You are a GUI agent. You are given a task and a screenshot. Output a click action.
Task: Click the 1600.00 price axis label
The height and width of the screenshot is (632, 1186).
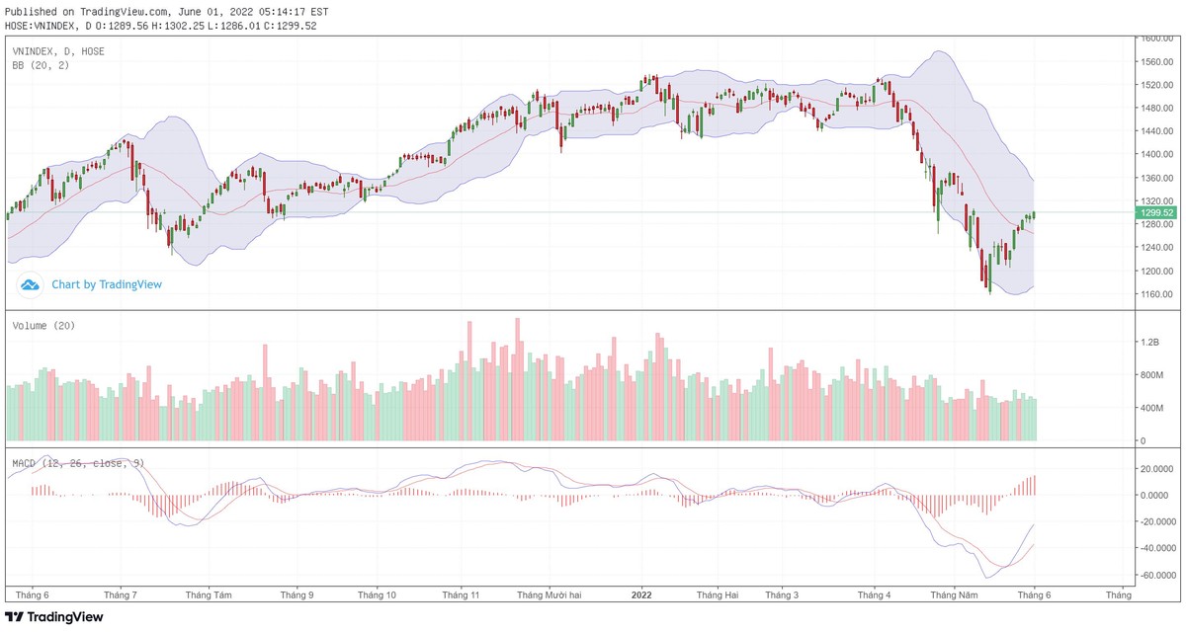pyautogui.click(x=1156, y=39)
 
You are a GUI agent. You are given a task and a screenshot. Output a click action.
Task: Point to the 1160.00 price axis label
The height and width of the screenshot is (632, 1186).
pyautogui.click(x=1156, y=294)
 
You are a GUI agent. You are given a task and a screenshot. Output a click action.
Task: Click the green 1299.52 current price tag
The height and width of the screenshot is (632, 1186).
pyautogui.click(x=1156, y=212)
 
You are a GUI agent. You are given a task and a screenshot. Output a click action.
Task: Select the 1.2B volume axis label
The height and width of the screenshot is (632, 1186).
pyautogui.click(x=1149, y=342)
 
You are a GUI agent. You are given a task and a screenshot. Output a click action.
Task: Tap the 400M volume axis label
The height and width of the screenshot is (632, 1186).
pyautogui.click(x=1152, y=408)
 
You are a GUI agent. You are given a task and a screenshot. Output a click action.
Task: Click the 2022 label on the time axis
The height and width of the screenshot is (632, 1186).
pyautogui.click(x=641, y=595)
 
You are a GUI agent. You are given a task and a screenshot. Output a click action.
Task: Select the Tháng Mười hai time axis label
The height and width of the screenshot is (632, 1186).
pyautogui.click(x=550, y=595)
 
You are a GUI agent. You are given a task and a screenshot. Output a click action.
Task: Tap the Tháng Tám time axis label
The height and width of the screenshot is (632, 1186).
pyautogui.click(x=209, y=595)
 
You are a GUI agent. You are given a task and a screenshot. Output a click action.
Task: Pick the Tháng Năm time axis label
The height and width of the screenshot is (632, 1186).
pyautogui.click(x=954, y=595)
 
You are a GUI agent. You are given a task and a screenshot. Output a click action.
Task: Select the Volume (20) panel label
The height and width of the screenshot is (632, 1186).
pyautogui.click(x=43, y=325)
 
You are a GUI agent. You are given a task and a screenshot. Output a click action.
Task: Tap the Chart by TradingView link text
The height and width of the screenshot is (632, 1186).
pyautogui.click(x=107, y=284)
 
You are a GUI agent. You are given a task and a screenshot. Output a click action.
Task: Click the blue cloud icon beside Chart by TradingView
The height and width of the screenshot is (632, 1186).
pyautogui.click(x=30, y=285)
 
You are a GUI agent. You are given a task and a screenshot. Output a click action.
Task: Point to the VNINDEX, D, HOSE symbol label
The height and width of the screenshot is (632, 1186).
pyautogui.click(x=58, y=50)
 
